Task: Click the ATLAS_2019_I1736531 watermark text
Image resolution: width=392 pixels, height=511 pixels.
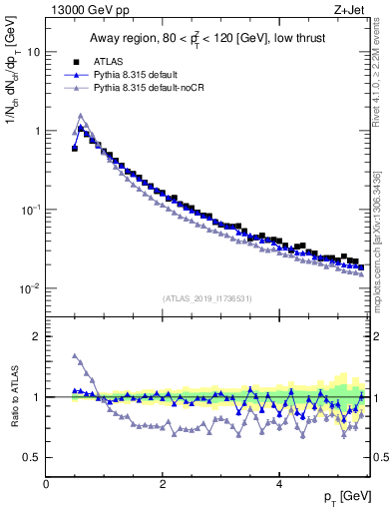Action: click(x=205, y=298)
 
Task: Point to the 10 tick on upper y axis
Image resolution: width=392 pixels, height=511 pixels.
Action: click(x=34, y=52)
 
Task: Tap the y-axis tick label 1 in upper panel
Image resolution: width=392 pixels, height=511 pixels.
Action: click(x=38, y=131)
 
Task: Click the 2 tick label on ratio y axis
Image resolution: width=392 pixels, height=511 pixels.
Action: click(x=38, y=336)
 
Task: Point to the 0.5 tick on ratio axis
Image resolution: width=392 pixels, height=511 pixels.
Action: click(x=33, y=458)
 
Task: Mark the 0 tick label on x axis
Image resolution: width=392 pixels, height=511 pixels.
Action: click(x=47, y=484)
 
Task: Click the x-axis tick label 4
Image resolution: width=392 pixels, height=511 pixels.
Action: click(x=279, y=484)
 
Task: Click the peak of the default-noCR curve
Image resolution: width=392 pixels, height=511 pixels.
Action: click(x=81, y=115)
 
